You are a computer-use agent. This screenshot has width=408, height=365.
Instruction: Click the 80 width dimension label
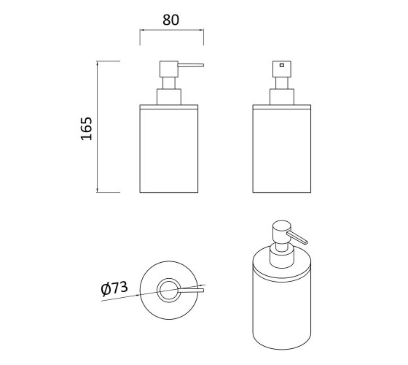[171, 20]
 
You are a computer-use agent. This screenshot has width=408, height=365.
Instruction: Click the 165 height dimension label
[87, 128]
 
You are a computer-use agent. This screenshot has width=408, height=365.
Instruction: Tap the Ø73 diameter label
[114, 288]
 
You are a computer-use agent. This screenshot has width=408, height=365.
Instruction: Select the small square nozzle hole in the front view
[282, 65]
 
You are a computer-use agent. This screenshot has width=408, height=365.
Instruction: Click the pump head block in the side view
[169, 69]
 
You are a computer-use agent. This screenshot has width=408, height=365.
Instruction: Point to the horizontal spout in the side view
[191, 65]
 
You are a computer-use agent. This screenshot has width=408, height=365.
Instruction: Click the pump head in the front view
[282, 69]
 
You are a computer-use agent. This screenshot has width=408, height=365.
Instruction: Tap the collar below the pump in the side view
[169, 96]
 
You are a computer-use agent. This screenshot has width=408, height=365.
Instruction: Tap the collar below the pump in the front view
[282, 96]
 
